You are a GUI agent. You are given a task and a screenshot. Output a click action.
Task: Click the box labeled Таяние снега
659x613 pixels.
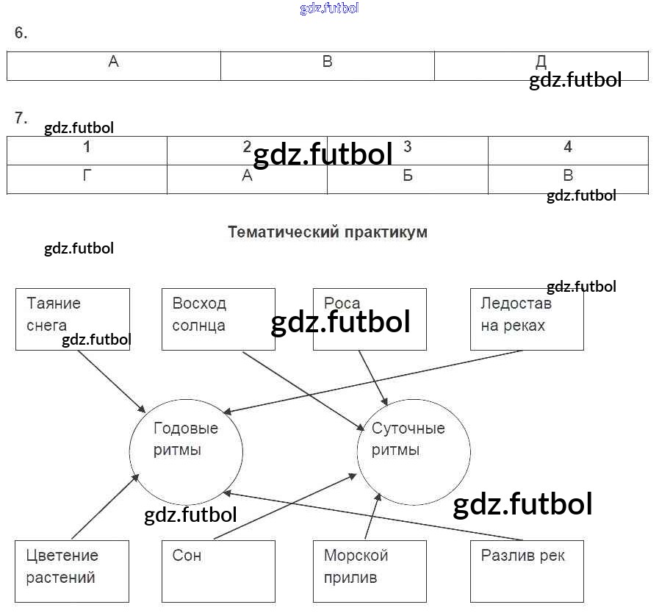[x=72, y=318]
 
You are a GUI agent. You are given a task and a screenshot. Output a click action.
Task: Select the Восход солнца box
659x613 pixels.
[x=218, y=318]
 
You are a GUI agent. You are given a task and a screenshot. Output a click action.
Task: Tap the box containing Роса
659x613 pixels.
[x=370, y=318]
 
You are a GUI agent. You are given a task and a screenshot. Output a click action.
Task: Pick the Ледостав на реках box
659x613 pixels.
[x=527, y=318]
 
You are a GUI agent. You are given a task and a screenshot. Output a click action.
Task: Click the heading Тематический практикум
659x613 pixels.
[x=328, y=232]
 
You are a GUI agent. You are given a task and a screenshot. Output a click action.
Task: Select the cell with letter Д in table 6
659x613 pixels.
[x=541, y=65]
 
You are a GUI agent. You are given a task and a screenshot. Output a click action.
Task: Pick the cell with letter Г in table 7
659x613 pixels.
[x=87, y=179]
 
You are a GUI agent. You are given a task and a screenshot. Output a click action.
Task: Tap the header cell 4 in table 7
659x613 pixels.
[x=568, y=150]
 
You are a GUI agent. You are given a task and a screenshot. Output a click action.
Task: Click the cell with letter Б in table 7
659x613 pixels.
[x=408, y=179]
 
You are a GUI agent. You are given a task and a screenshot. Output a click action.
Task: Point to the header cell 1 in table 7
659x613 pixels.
[x=87, y=150]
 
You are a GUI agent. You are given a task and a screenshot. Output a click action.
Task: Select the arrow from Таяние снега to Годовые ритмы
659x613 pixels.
[x=111, y=381]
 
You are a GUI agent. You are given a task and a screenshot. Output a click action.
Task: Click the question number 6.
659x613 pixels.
[x=21, y=33]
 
